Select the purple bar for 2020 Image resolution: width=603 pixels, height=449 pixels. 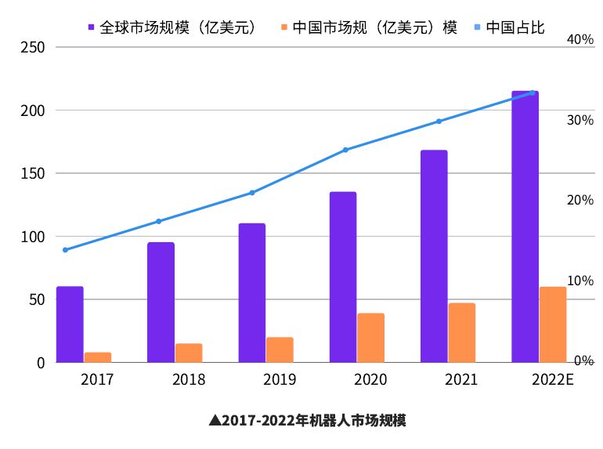click(343, 277)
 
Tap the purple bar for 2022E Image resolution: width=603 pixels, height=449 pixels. click(525, 226)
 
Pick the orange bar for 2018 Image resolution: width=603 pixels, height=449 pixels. click(189, 353)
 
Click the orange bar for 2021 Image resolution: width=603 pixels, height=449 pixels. click(462, 332)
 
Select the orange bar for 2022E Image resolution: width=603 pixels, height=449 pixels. click(553, 324)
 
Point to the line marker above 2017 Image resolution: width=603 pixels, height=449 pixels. click(65, 250)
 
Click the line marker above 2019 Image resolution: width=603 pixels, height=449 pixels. click(251, 193)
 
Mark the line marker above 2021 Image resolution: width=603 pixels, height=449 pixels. click(439, 121)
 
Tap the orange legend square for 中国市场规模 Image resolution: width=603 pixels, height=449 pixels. click(283, 27)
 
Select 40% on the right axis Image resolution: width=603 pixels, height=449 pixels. click(580, 40)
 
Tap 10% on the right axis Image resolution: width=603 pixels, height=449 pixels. click(580, 281)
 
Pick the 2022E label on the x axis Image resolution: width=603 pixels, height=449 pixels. click(552, 380)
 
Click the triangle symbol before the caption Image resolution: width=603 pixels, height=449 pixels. click(215, 421)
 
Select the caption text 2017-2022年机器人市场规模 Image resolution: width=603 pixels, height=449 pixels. click(314, 421)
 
